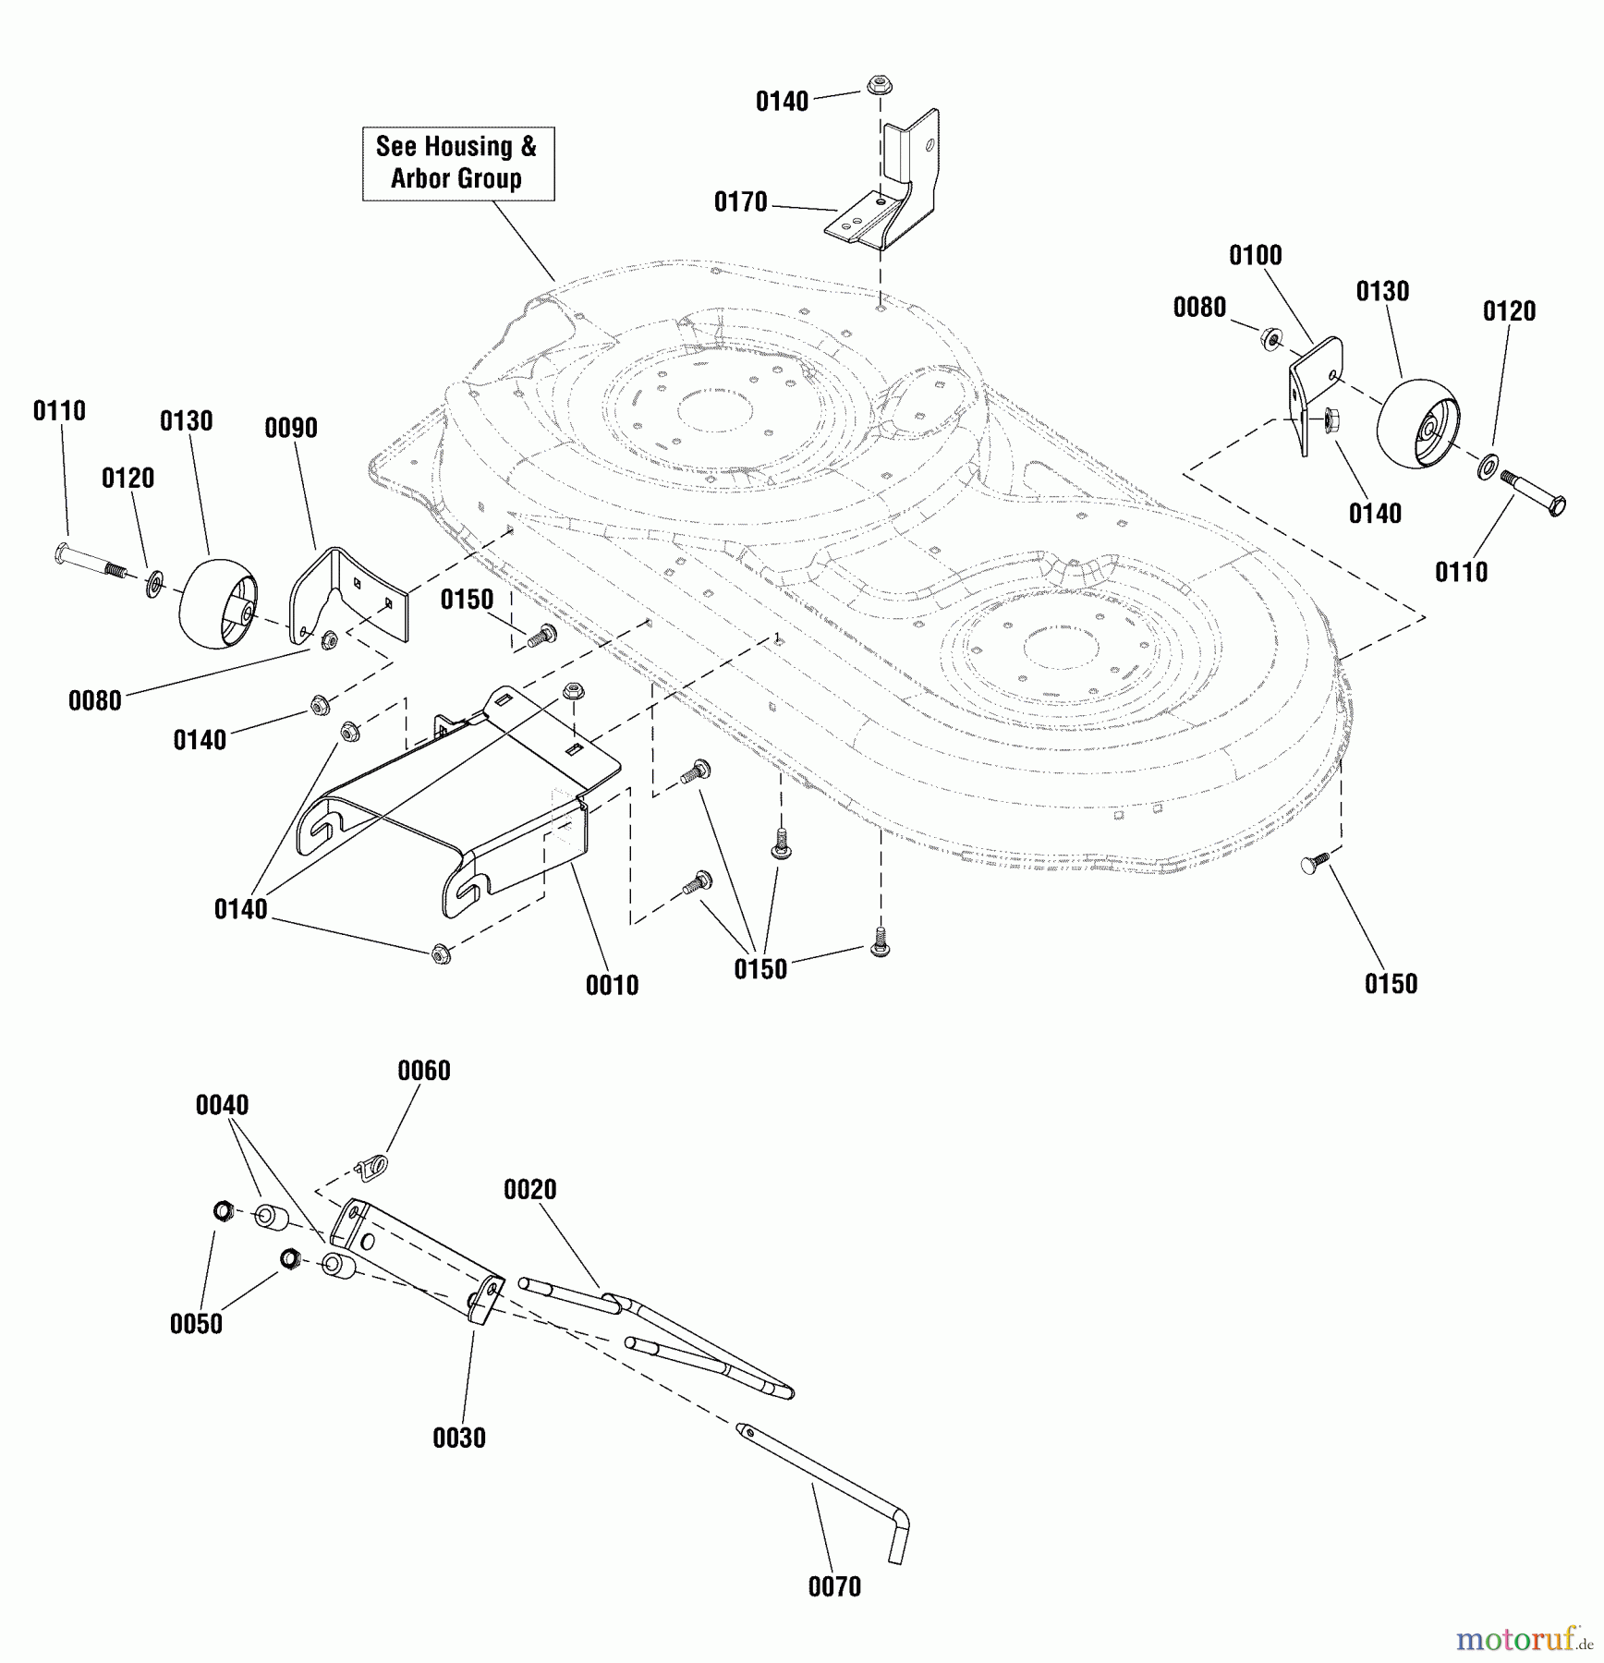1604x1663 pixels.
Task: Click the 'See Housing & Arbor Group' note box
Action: [x=457, y=164]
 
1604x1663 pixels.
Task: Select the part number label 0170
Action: [x=740, y=202]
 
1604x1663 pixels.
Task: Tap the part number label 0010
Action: [x=612, y=985]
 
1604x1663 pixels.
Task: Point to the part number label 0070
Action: [x=833, y=1586]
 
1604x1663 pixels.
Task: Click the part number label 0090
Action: [x=290, y=428]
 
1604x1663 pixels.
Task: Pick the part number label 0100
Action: [x=1255, y=255]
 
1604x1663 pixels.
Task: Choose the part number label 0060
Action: [x=423, y=1071]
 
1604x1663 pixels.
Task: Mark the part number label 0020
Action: [x=529, y=1190]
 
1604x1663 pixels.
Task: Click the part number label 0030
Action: [x=458, y=1438]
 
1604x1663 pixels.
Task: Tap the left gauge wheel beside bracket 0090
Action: [x=217, y=603]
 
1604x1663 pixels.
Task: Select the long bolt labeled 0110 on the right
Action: [x=1532, y=492]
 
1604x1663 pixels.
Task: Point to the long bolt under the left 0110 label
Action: [x=90, y=560]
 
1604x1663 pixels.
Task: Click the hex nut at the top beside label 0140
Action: [x=878, y=86]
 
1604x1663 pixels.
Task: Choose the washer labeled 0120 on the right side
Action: [x=1488, y=467]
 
